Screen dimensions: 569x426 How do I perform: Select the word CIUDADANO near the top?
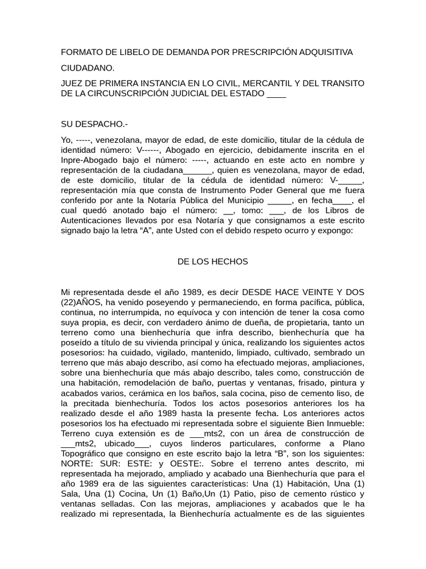[x=88, y=68]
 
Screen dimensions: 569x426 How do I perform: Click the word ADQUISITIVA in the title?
[x=322, y=52]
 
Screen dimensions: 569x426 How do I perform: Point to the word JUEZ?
[x=72, y=83]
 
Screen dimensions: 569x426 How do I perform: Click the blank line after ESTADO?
[x=276, y=93]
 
